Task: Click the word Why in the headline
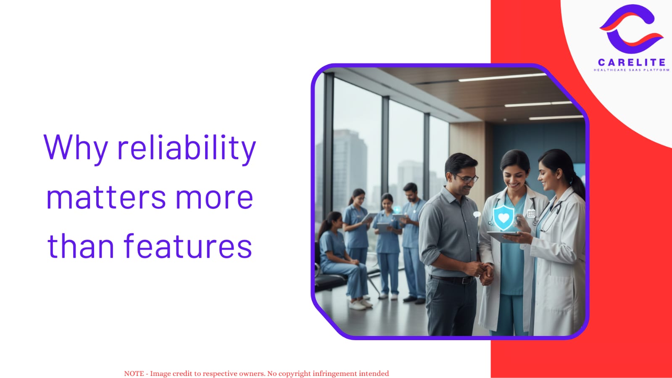[x=76, y=148]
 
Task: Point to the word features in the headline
[x=188, y=245]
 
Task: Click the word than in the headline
[x=81, y=245]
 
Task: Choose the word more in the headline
[x=214, y=198]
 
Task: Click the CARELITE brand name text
[x=632, y=63]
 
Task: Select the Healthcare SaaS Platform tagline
[x=632, y=70]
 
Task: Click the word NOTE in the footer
[x=134, y=373]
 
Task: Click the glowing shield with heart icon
[x=503, y=218]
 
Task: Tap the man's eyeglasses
[x=467, y=179]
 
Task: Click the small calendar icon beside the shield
[x=531, y=214]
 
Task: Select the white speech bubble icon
[x=477, y=214]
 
